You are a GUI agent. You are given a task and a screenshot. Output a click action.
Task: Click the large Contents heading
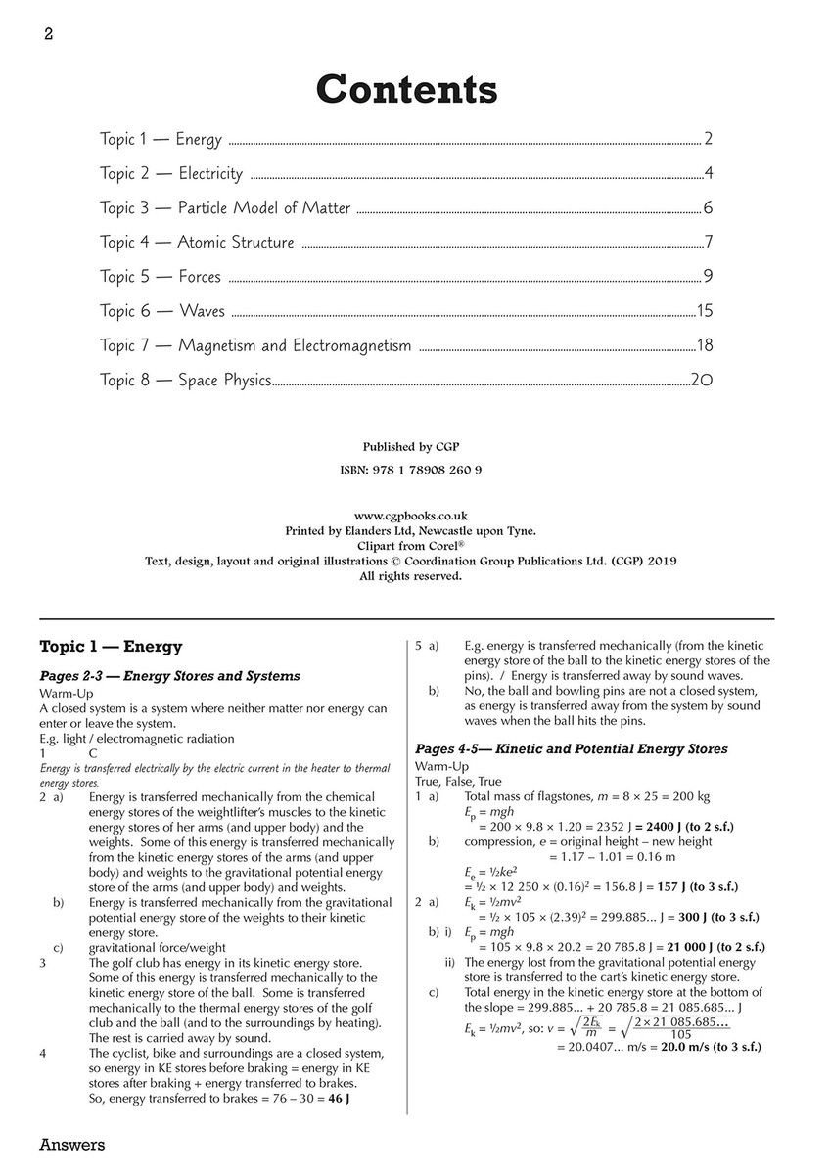(406, 89)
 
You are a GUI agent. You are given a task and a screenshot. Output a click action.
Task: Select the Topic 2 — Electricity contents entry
(170, 174)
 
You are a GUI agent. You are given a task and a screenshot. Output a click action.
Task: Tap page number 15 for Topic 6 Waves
(704, 311)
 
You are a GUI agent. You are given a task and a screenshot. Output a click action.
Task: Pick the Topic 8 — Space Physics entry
(185, 380)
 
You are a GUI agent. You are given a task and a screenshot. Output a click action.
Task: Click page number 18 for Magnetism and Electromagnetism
(704, 345)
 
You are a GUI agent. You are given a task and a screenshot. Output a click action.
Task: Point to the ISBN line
(411, 470)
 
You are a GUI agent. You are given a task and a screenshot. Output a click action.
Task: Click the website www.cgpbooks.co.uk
(411, 515)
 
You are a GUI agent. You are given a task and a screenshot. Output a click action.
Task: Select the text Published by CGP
(411, 447)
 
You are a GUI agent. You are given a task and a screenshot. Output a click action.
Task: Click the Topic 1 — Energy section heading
(110, 647)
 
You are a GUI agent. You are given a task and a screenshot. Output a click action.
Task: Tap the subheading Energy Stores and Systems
(169, 675)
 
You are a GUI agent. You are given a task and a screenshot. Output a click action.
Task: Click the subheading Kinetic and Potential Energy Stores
(572, 749)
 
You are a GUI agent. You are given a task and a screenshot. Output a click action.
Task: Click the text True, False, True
(458, 782)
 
